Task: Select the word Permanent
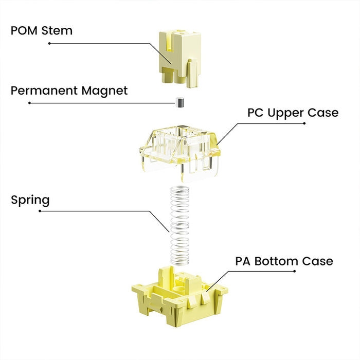45,91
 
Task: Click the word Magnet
104,91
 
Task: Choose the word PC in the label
256,113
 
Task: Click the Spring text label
30,200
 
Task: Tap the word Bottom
278,261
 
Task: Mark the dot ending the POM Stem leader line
49,43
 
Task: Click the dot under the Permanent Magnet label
29,103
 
